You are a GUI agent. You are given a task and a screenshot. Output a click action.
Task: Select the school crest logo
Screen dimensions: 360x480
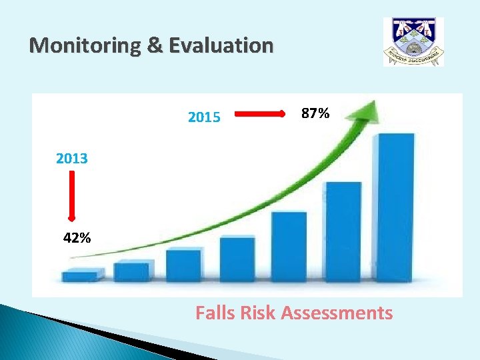tap(413, 41)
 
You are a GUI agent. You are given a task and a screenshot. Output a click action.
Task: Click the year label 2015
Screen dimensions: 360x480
tap(204, 118)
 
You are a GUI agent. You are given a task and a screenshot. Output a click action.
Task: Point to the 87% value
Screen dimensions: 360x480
tap(315, 114)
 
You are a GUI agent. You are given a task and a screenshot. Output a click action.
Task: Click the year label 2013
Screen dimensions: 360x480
tap(72, 159)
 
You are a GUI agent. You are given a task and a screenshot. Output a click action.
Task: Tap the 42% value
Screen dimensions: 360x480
tap(77, 238)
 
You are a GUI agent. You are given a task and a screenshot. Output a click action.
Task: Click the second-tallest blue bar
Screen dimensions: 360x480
tap(343, 231)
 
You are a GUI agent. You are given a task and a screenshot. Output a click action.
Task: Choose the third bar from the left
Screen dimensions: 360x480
tap(184, 265)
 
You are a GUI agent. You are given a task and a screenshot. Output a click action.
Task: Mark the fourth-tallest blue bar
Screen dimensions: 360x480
tap(237, 259)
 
